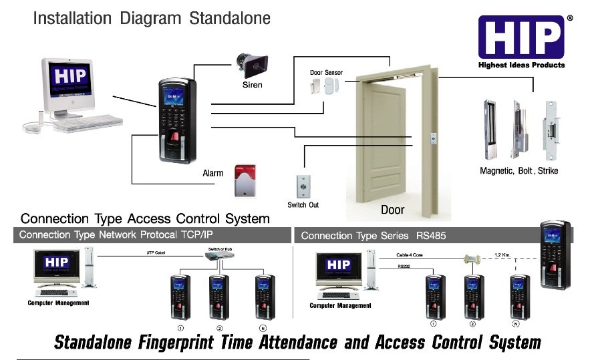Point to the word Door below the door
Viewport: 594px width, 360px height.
(392, 210)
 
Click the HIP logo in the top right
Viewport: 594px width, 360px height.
(521, 37)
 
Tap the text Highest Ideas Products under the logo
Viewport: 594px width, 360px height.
(521, 65)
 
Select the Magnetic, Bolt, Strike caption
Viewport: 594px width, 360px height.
(518, 171)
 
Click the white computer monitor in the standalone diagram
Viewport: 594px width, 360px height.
(68, 84)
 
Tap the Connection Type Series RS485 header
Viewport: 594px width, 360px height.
(373, 236)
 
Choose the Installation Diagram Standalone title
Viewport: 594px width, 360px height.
(152, 18)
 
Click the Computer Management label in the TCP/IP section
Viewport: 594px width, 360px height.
(58, 303)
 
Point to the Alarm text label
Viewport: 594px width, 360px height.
(212, 174)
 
